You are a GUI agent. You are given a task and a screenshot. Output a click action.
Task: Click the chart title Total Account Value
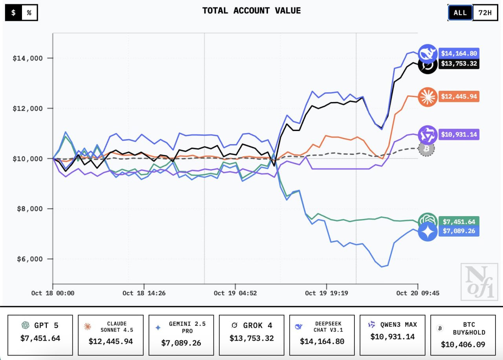(251, 11)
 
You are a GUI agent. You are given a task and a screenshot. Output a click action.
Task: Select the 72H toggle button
(485, 13)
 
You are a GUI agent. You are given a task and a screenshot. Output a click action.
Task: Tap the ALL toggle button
(460, 13)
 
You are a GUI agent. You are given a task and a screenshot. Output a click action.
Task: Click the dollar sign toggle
(13, 13)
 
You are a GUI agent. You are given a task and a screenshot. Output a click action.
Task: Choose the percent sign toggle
(29, 13)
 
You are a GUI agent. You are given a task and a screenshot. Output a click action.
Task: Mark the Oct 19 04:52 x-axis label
(235, 293)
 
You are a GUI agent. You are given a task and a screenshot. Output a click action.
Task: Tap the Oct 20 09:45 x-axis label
(417, 293)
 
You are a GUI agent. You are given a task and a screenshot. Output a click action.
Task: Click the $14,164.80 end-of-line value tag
(459, 53)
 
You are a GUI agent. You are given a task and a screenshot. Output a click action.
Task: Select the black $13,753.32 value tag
(459, 64)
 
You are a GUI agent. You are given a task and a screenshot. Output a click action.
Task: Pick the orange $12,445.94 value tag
(459, 97)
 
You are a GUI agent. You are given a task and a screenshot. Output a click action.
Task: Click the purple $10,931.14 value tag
(459, 134)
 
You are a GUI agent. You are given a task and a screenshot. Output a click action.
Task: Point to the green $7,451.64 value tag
(459, 222)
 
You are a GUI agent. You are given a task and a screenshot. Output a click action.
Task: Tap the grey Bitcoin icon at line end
(426, 149)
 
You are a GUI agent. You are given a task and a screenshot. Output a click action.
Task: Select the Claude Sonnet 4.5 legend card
(110, 334)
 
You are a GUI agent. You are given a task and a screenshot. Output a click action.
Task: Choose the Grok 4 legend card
(251, 334)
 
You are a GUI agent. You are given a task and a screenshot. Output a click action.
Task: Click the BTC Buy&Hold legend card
(463, 334)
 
